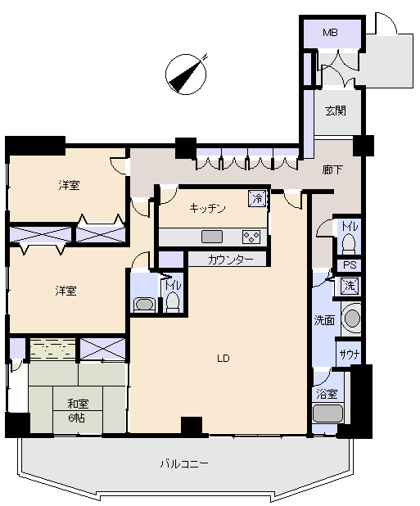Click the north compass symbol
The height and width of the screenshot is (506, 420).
coord(186,75)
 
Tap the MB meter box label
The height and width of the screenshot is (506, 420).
coord(330,33)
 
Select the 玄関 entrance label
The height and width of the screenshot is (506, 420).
coord(336,111)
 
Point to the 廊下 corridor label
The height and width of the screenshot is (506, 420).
coord(332,169)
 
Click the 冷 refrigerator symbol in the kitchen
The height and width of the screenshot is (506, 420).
coord(257,198)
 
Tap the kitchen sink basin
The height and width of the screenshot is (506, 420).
coord(212,237)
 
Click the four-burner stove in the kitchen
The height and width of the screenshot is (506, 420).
coord(251,237)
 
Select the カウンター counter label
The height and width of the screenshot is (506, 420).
coord(230,259)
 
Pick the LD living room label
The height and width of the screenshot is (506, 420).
coord(224,358)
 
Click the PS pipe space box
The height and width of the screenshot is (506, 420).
coord(350,265)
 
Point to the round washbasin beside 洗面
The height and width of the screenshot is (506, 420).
coord(352,319)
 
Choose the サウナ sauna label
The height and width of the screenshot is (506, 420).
coord(350,355)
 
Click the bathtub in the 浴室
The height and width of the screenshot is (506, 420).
coord(327,413)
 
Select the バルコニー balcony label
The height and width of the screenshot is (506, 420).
coord(184,464)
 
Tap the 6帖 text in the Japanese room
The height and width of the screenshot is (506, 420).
coord(76,418)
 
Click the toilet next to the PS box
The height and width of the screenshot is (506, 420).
coord(348,244)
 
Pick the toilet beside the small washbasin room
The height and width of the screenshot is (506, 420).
coord(173,302)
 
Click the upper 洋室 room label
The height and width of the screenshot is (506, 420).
coord(69,185)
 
